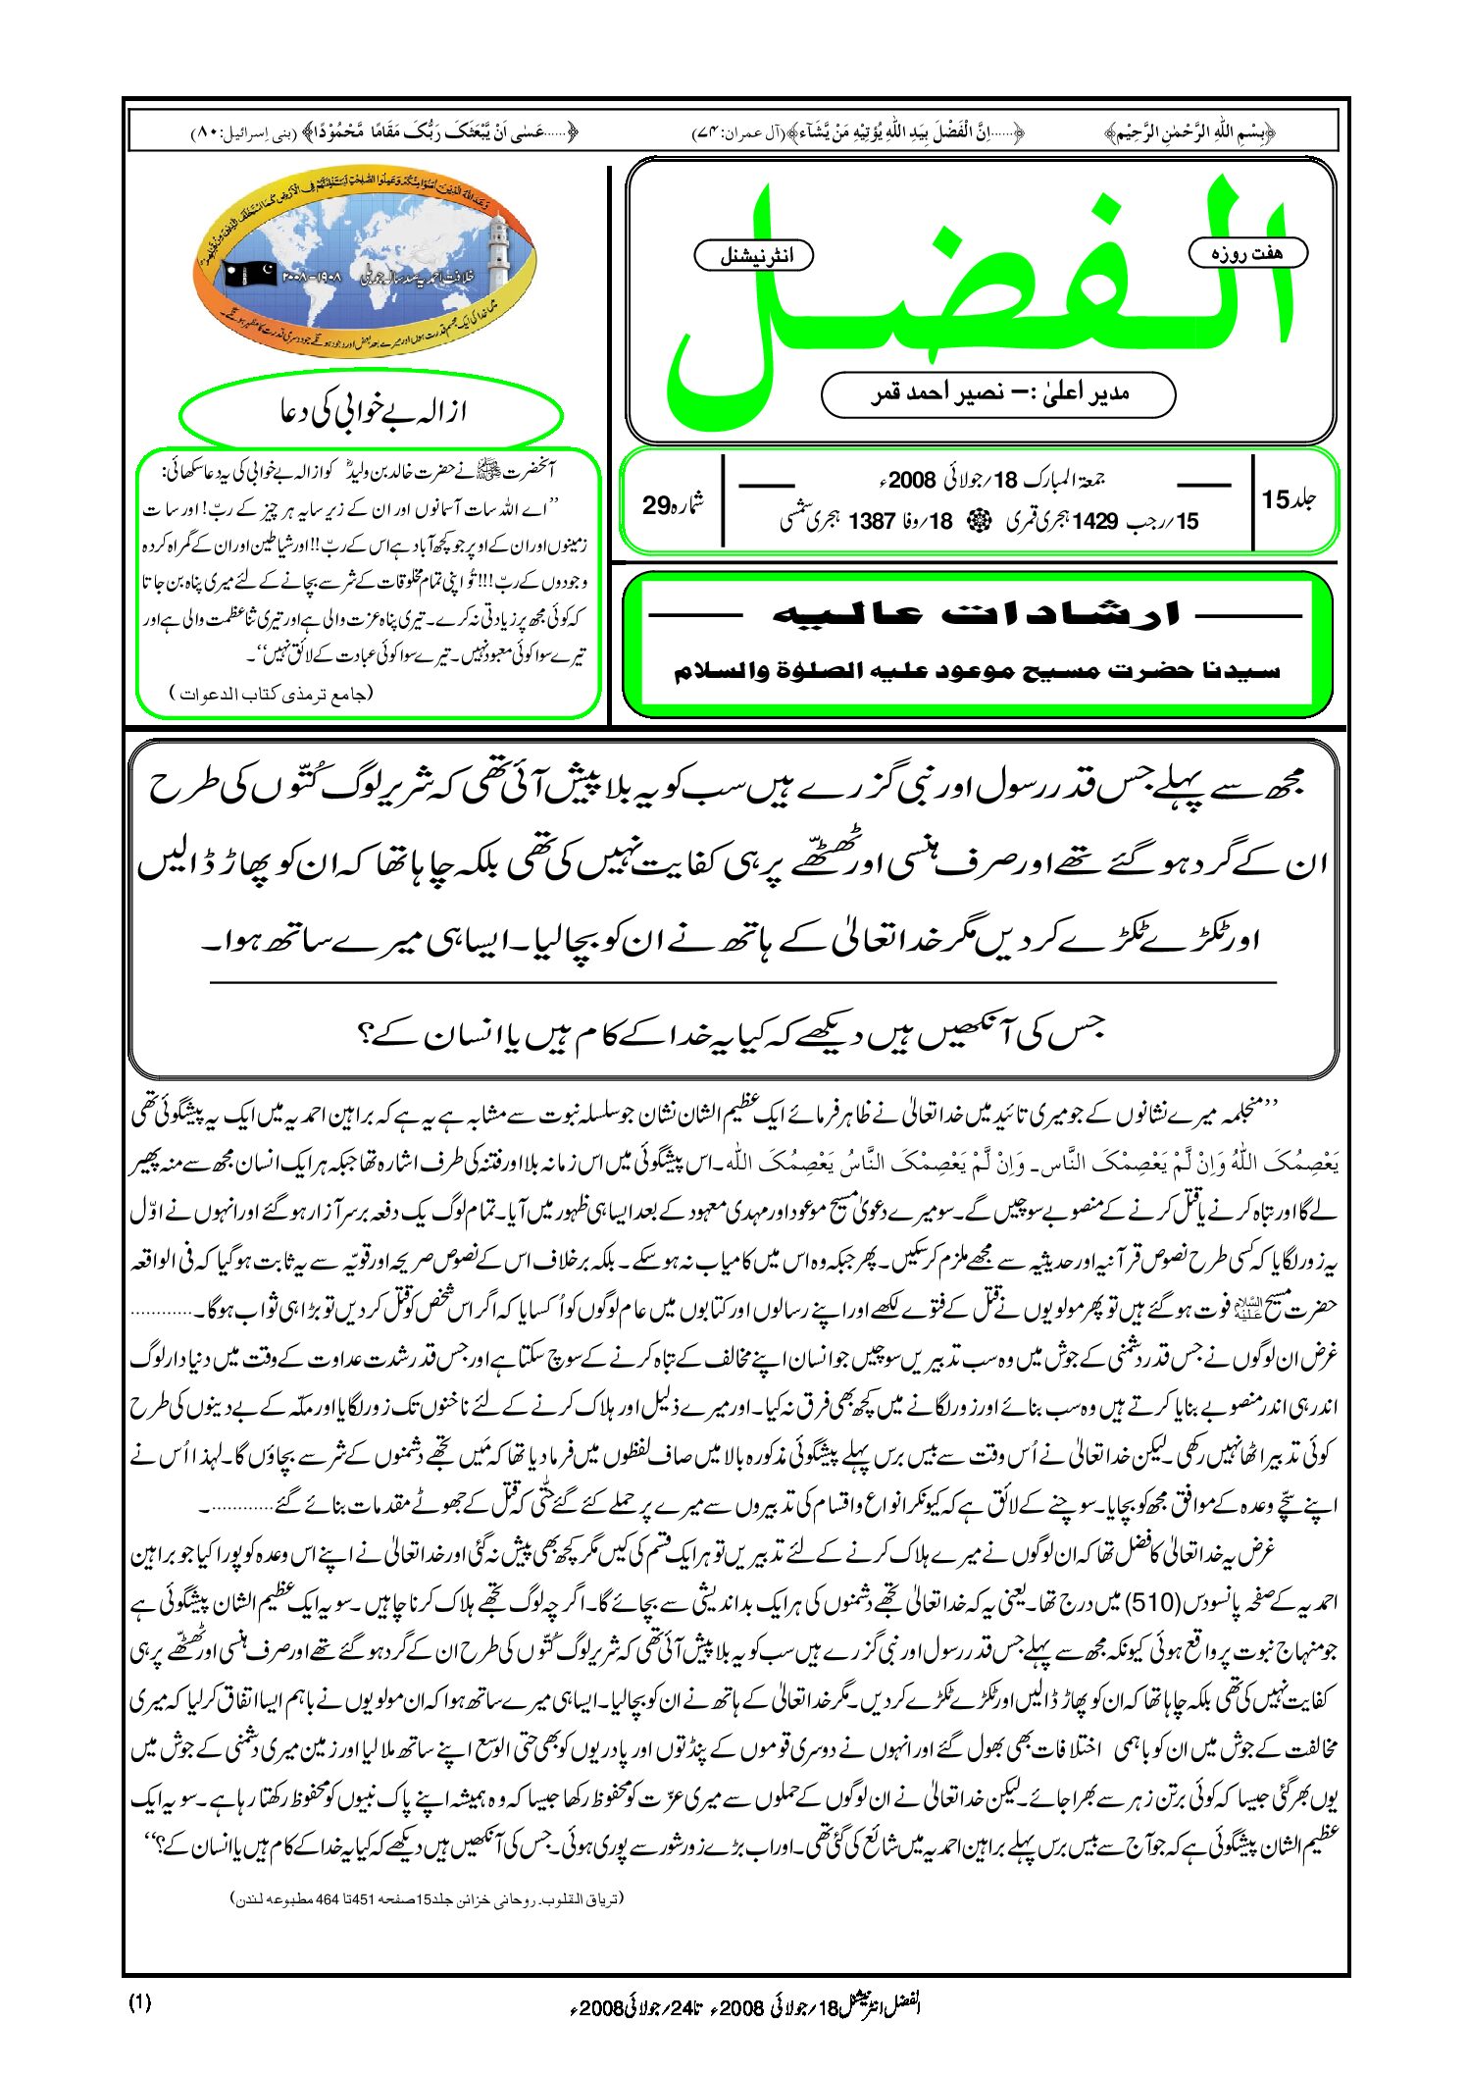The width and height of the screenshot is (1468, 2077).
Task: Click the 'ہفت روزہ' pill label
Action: pyautogui.click(x=1247, y=253)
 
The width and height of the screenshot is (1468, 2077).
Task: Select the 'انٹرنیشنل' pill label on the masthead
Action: pyautogui.click(x=754, y=256)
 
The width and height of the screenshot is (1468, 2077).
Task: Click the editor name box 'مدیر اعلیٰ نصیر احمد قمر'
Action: pyautogui.click(x=997, y=394)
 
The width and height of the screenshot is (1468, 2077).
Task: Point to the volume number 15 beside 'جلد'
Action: pyautogui.click(x=1275, y=499)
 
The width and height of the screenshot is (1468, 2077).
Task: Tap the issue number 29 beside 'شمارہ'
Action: pyautogui.click(x=655, y=505)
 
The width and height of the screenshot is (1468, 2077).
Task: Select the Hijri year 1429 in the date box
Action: pyautogui.click(x=1095, y=521)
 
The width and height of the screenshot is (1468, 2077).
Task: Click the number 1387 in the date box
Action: pyautogui.click(x=872, y=521)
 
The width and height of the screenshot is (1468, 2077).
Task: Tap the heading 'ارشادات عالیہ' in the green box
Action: pyautogui.click(x=976, y=615)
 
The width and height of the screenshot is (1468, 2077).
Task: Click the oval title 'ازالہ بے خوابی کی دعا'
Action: pyautogui.click(x=372, y=412)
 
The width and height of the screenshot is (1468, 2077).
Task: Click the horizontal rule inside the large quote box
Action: pyautogui.click(x=742, y=982)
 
